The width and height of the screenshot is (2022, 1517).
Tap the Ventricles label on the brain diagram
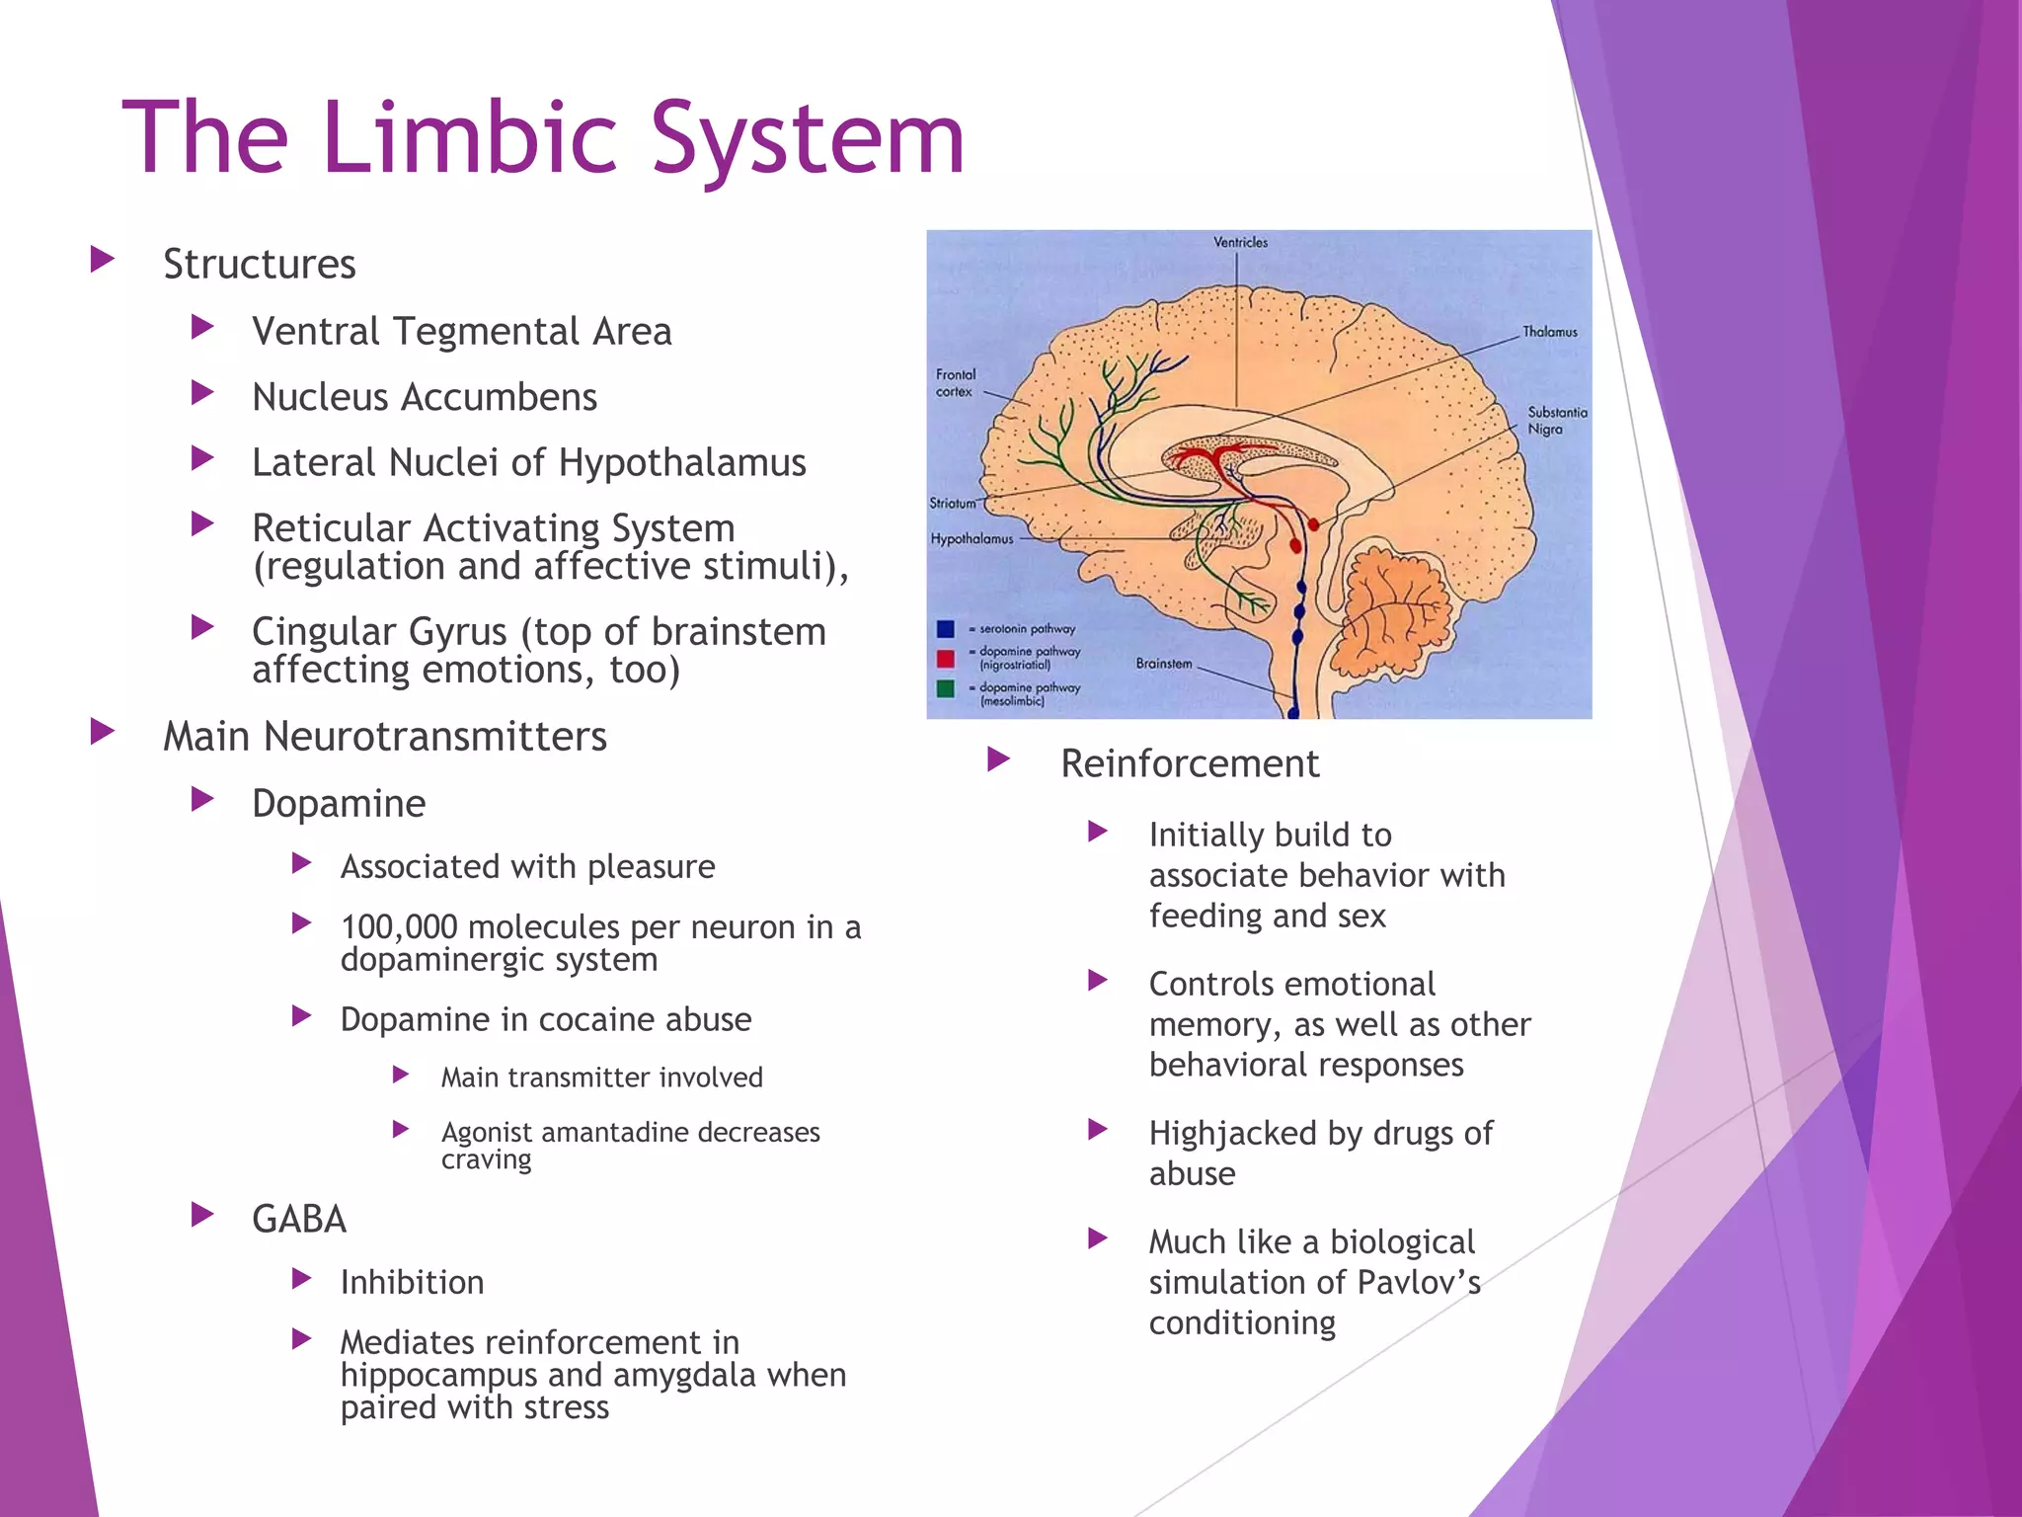[1240, 242]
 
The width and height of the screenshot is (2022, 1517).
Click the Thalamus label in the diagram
[1549, 332]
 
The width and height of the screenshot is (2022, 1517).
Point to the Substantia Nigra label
[1557, 421]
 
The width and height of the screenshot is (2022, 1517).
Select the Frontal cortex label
[955, 383]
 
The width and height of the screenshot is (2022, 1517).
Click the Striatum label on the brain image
[952, 503]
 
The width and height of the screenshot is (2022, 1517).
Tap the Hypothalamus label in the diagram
[972, 539]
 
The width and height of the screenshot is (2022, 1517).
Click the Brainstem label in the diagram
[1163, 664]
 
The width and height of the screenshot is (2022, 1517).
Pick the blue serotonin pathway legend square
[945, 629]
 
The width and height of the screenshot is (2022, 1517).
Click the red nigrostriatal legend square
[945, 659]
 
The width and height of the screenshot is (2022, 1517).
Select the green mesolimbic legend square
[945, 688]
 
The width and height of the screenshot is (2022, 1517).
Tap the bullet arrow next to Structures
[102, 261]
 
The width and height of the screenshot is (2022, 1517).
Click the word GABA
[299, 1220]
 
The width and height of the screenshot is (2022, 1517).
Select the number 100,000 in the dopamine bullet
[399, 927]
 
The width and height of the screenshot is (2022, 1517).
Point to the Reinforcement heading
[1189, 763]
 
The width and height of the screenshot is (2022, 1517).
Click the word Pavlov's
[1418, 1282]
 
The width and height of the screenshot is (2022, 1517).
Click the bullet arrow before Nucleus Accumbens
[202, 393]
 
